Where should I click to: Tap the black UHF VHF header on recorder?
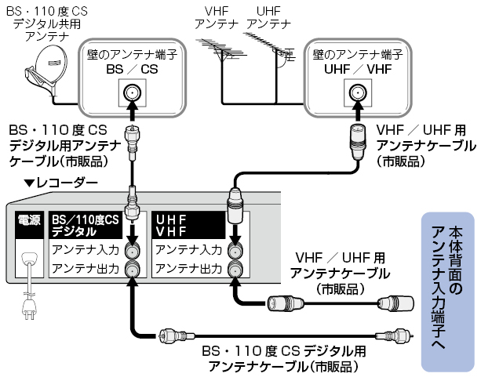[x=188, y=225]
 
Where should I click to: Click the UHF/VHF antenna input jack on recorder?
[x=235, y=251]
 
